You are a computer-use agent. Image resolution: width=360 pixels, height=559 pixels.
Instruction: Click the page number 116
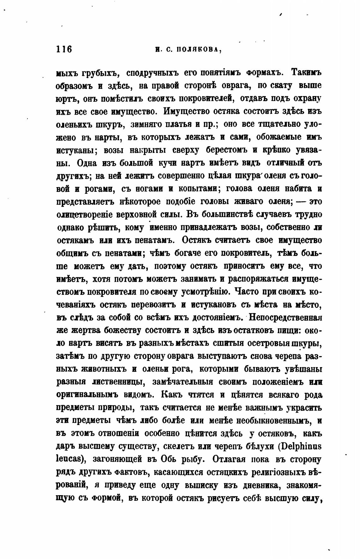(64, 49)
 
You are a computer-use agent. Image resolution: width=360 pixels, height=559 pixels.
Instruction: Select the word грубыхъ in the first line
(100, 73)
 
